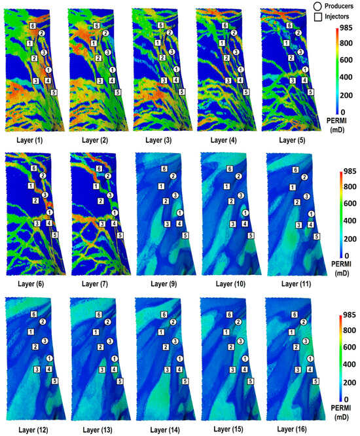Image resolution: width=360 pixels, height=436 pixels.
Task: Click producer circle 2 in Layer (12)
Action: pyautogui.click(x=42, y=321)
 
